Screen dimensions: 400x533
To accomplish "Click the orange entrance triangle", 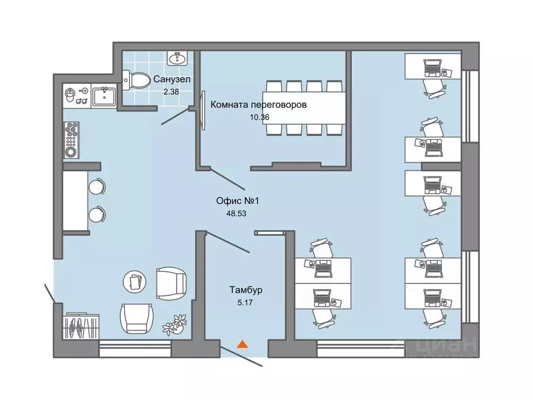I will point(242,344).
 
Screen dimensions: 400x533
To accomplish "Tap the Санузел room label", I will point(172,80).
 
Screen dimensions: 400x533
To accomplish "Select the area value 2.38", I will point(172,91).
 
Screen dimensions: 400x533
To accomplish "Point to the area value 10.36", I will point(260,117).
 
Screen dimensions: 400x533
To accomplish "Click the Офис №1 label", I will point(237,201).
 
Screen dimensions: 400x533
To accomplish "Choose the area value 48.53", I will point(237,213).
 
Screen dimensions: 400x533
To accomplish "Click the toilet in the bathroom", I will point(136,80).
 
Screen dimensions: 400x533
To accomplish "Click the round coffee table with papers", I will point(135,282).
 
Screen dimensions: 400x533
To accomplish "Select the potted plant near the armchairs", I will point(174,323).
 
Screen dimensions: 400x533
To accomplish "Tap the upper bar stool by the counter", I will point(97,186).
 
